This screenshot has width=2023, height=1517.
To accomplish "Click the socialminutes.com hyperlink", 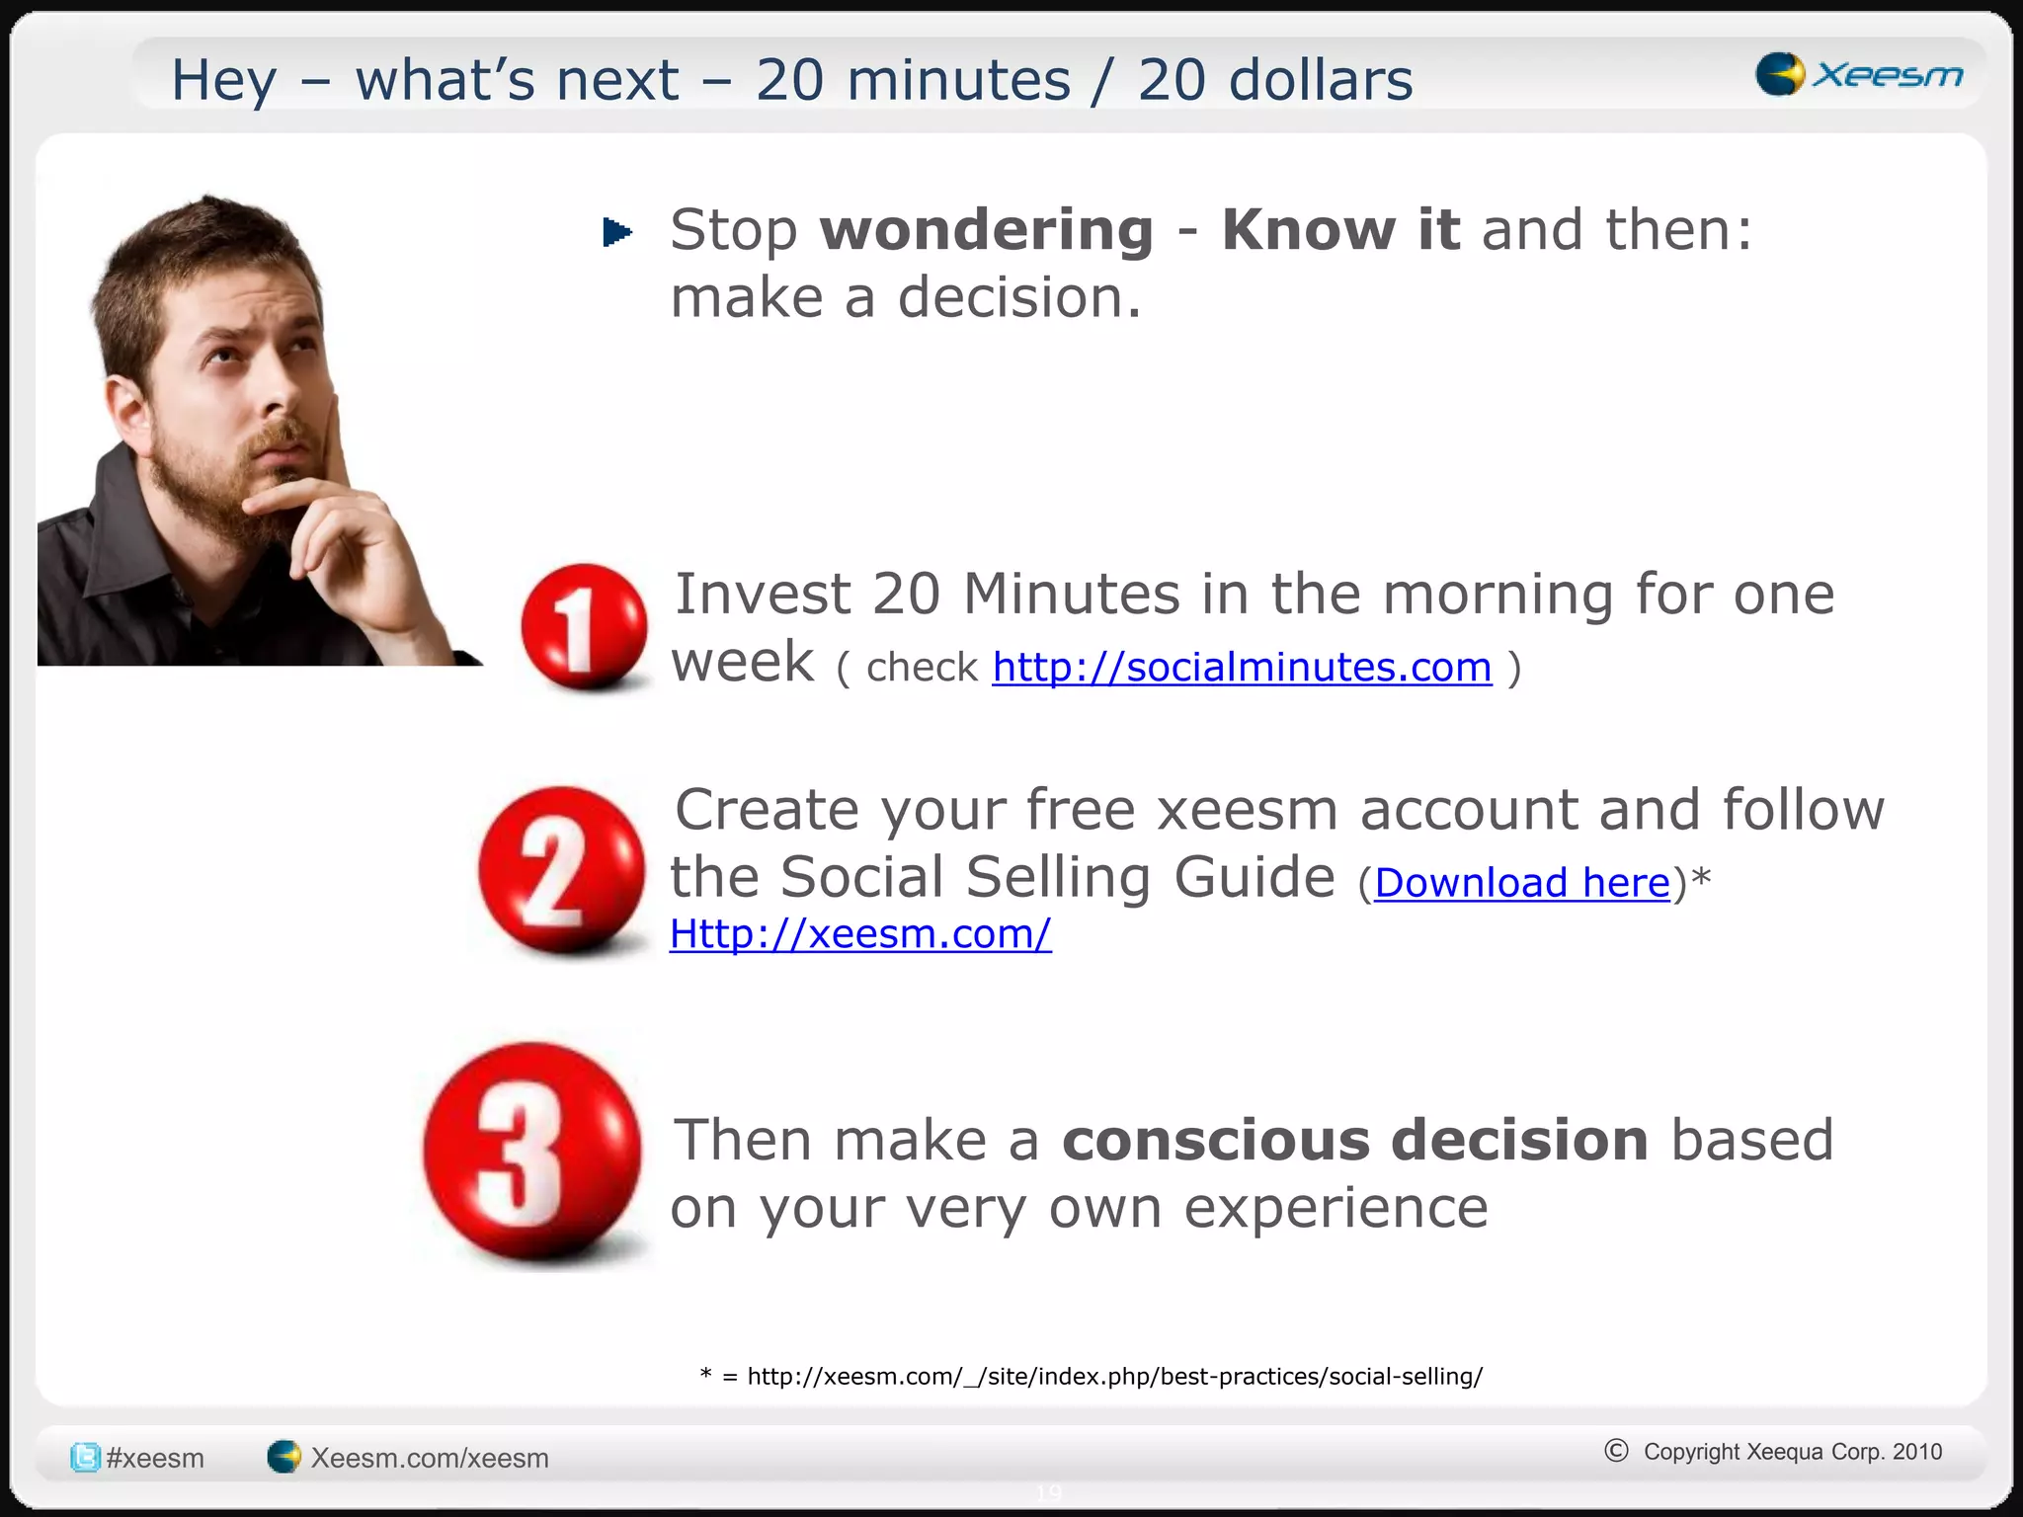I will [x=1242, y=668].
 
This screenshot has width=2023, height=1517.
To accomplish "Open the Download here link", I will [x=1521, y=883].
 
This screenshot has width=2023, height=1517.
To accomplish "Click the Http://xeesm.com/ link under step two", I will [x=860, y=934].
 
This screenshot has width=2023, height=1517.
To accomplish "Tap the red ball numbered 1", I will [x=584, y=626].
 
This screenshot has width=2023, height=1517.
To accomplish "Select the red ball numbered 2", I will [x=560, y=869].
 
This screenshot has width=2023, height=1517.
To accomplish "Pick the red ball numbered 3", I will [x=532, y=1152].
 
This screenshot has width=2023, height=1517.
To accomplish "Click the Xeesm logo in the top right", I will [x=1858, y=74].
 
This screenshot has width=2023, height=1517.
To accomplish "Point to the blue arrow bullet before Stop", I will [x=617, y=232].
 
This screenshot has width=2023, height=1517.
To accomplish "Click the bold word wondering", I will [x=986, y=230].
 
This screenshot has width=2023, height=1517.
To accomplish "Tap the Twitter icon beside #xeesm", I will [x=85, y=1457].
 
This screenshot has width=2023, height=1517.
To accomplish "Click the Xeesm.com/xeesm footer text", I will [x=429, y=1458].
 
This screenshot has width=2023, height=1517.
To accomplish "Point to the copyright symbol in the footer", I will [x=1616, y=1450].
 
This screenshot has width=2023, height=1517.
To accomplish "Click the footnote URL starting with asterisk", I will [x=1091, y=1376].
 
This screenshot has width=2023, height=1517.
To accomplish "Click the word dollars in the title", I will [x=1325, y=80].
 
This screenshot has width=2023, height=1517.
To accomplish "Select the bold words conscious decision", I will [x=1354, y=1141].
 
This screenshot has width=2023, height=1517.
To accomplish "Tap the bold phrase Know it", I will [x=1339, y=230].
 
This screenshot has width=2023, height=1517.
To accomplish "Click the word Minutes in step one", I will [x=1071, y=595].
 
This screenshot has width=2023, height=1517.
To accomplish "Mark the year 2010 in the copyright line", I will [x=1917, y=1452].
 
